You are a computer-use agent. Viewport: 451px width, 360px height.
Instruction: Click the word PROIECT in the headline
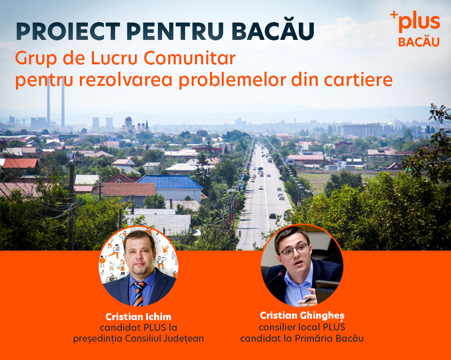point(68,31)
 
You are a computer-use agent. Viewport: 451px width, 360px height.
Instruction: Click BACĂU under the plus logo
point(419,41)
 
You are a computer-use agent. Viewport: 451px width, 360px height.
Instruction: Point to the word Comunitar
point(189,58)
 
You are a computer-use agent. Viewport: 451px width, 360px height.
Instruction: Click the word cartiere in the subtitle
point(358,80)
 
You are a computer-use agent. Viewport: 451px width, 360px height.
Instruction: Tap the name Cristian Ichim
point(138,317)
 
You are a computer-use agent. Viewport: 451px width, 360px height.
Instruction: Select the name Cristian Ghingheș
point(302,315)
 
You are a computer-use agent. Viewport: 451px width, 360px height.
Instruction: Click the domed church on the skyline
point(128,124)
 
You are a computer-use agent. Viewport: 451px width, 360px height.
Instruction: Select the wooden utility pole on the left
point(71,207)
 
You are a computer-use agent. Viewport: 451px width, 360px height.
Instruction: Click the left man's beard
point(140,269)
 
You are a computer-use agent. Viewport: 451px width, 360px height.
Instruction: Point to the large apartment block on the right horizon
point(361,130)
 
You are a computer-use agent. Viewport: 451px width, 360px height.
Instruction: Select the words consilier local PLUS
point(302,327)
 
